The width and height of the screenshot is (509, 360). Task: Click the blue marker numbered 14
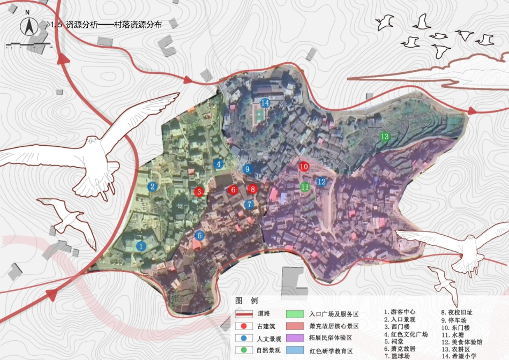(x=265, y=102)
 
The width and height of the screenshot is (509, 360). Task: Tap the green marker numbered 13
(x=384, y=136)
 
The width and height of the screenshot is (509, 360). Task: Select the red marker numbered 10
(x=304, y=167)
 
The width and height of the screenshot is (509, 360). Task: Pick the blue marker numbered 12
(x=321, y=182)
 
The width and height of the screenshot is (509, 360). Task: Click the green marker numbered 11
(x=305, y=187)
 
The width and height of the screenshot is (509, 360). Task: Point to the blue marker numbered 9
(x=247, y=169)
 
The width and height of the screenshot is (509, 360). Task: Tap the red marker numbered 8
(x=253, y=189)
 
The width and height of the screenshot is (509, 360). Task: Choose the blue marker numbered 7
(x=249, y=204)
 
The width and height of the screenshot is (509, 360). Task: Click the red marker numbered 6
(x=233, y=190)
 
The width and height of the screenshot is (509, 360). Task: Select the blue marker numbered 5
(x=200, y=235)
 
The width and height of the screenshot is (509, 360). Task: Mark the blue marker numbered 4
(x=218, y=164)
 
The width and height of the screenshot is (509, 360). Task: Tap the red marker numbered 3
(x=199, y=191)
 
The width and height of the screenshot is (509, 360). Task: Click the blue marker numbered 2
(x=153, y=186)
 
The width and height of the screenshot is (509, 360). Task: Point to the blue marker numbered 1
(x=140, y=246)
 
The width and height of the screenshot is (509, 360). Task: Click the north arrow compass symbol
(x=31, y=25)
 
